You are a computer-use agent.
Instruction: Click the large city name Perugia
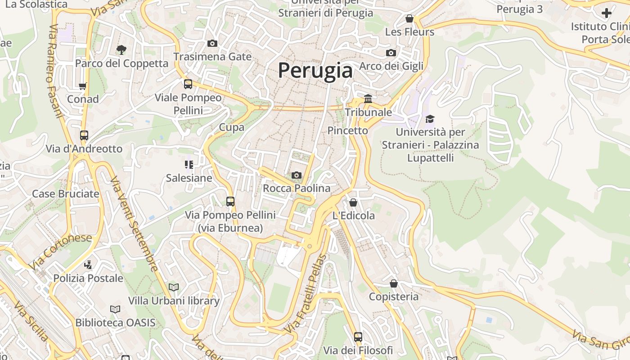tap(315, 71)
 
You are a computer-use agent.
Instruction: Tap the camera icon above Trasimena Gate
tap(212, 43)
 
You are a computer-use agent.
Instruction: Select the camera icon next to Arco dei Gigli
tap(391, 53)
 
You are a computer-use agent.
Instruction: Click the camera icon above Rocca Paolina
tap(297, 175)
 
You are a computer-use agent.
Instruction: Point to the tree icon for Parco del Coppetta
tap(121, 49)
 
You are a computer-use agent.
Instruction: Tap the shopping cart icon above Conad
tap(82, 86)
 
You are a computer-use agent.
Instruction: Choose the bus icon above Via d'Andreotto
tap(84, 135)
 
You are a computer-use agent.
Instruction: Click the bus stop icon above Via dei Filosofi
tap(358, 337)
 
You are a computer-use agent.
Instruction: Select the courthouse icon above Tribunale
tap(368, 99)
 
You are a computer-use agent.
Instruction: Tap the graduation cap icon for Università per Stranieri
tap(430, 119)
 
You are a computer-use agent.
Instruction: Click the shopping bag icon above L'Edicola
tap(353, 202)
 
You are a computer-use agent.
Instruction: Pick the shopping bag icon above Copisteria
tap(394, 283)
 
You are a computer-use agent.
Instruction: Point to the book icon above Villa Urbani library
tap(174, 287)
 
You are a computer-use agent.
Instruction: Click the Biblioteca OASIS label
tap(115, 323)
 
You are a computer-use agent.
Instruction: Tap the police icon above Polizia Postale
tap(89, 265)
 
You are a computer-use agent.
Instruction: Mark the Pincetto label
tap(348, 130)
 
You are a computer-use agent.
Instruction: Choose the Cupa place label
tap(232, 127)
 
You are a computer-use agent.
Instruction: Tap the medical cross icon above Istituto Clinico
tap(607, 13)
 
